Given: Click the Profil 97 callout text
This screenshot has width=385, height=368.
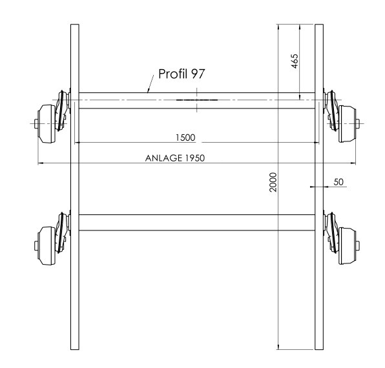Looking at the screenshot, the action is click(x=182, y=74).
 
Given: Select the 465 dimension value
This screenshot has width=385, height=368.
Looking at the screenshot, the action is click(x=295, y=61).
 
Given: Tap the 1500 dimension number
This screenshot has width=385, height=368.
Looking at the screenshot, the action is click(x=185, y=138).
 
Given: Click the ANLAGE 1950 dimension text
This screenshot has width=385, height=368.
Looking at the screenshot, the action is click(x=175, y=158).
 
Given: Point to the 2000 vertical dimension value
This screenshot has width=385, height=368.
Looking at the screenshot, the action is click(x=273, y=182).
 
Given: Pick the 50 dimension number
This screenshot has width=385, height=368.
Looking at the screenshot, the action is click(x=338, y=182).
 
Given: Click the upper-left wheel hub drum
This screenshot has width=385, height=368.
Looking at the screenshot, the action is click(x=47, y=124).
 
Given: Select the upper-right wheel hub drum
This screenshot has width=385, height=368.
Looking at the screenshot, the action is click(x=347, y=124).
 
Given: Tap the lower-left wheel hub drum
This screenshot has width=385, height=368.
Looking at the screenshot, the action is click(x=47, y=246).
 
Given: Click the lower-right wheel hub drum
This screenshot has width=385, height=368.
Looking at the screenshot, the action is click(x=347, y=246).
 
